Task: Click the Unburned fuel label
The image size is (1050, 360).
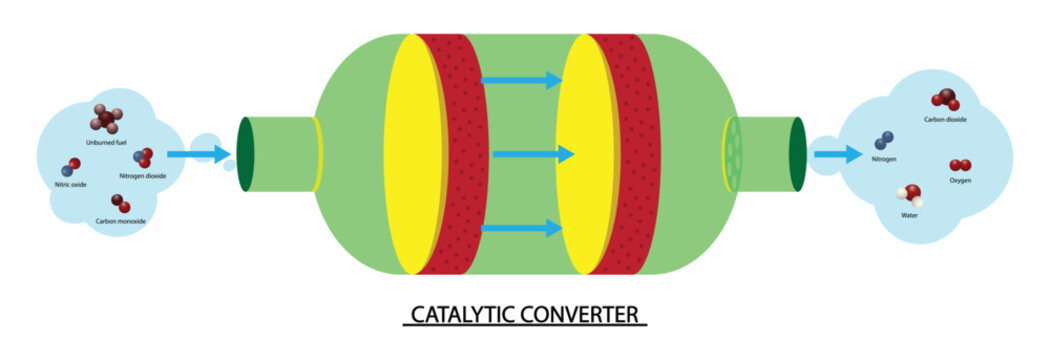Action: [104, 143]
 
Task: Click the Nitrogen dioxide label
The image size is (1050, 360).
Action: [142, 176]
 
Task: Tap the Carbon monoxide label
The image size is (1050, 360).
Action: [121, 220]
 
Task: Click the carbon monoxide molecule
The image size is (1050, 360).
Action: [121, 203]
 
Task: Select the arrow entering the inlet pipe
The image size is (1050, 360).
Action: [194, 154]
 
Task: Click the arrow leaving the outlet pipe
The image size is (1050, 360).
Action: [837, 154]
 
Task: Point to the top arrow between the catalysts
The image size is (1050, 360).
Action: [520, 80]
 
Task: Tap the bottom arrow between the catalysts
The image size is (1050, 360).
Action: [520, 228]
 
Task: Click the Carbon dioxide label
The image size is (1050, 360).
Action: [945, 119]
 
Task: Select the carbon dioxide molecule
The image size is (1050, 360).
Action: [944, 99]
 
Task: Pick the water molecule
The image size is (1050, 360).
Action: [909, 194]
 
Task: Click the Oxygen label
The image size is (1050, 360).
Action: [960, 180]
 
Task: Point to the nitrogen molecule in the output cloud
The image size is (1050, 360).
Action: [884, 141]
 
